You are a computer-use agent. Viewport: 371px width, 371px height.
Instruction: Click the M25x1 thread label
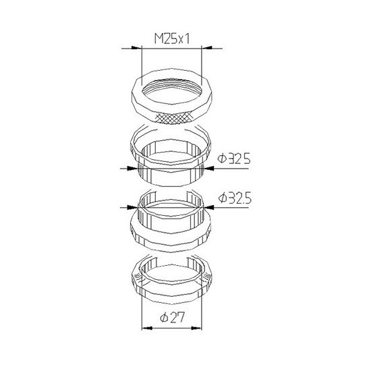pyautogui.click(x=172, y=39)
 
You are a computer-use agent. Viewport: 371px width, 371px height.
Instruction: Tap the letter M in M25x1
pyautogui.click(x=159, y=39)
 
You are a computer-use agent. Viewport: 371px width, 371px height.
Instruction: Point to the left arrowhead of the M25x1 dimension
pyautogui.click(x=136, y=48)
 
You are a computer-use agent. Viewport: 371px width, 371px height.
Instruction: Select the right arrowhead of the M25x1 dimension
pyautogui.click(x=207, y=48)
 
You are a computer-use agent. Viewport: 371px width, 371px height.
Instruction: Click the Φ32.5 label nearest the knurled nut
pyautogui.click(x=234, y=159)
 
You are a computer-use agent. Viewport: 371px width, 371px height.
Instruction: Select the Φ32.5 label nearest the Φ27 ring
pyautogui.click(x=235, y=198)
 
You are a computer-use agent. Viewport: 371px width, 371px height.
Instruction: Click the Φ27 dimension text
pyautogui.click(x=172, y=318)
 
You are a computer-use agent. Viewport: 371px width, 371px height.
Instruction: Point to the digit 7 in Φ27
pyautogui.click(x=180, y=318)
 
